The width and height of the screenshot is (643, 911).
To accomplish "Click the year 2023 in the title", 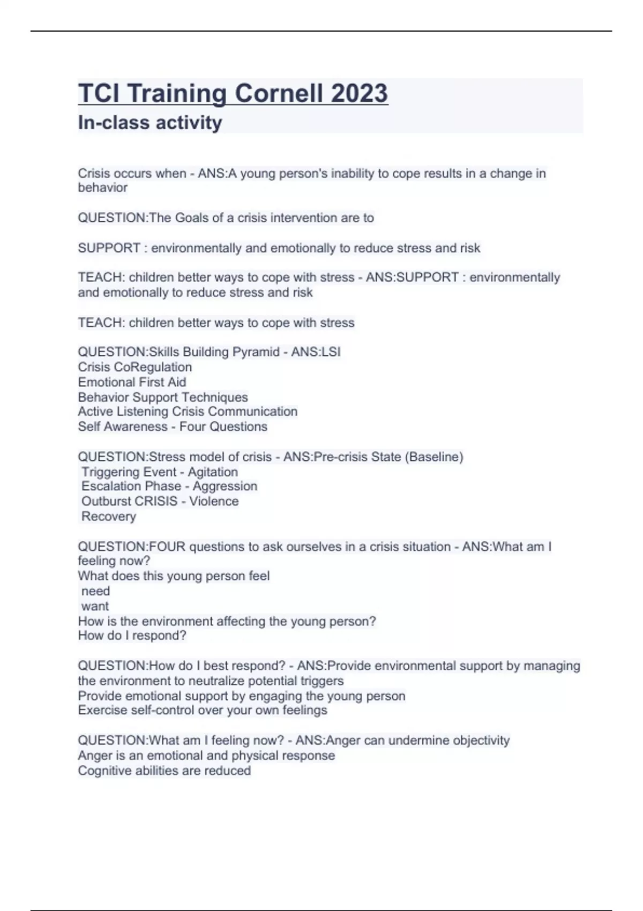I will click(x=359, y=93).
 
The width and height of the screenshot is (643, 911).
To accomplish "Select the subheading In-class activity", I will click(x=150, y=123).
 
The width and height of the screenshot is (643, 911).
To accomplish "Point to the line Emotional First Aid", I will click(x=132, y=382).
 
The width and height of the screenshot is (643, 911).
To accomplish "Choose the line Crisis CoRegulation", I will click(x=134, y=367).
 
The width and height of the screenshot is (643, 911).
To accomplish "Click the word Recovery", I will click(x=109, y=517).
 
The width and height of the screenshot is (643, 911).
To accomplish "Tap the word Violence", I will click(x=214, y=502).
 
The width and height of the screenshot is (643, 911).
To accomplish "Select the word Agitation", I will click(x=213, y=472).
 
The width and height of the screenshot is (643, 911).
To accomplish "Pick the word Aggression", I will click(x=225, y=487).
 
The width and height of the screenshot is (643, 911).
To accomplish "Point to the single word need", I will click(x=95, y=591).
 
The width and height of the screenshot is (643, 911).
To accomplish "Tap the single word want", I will click(x=95, y=606).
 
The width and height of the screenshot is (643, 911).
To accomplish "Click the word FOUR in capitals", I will click(x=167, y=547).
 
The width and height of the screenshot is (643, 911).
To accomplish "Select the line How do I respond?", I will click(x=132, y=636).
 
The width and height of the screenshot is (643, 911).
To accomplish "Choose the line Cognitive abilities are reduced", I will click(x=164, y=771).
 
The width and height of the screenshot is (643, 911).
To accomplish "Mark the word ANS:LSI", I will click(x=316, y=352).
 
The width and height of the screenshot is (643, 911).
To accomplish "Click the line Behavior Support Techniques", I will click(x=163, y=397).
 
